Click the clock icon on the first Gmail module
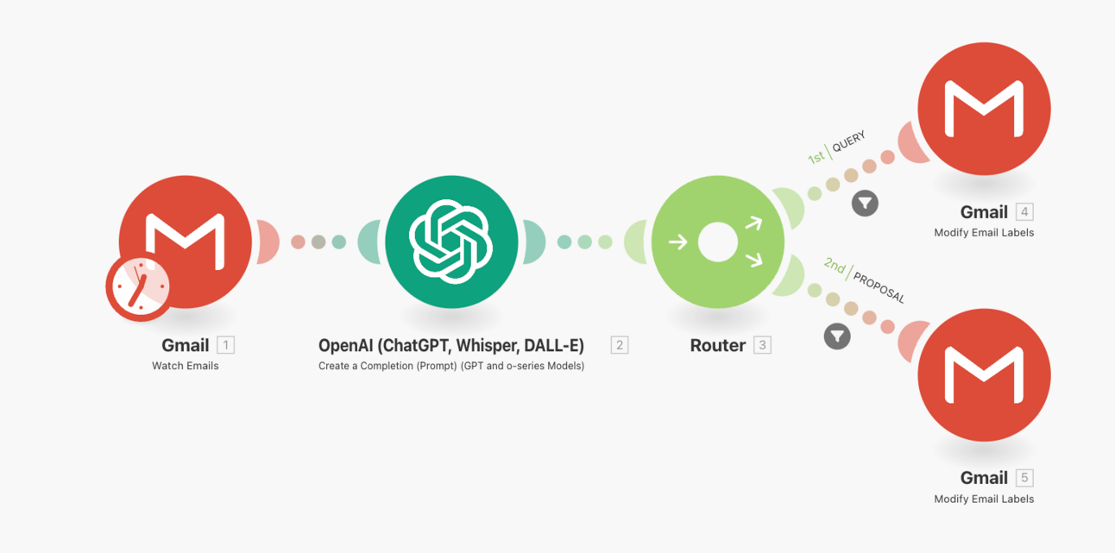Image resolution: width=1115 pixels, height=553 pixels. [138, 289]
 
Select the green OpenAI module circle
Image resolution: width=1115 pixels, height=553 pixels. [451, 242]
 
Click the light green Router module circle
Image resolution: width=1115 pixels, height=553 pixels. [718, 242]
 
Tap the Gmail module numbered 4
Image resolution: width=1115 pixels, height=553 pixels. [984, 109]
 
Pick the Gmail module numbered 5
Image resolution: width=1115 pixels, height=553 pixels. [984, 375]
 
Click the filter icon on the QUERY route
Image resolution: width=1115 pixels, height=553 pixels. [865, 204]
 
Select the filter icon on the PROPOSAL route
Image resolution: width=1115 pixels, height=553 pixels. [837, 336]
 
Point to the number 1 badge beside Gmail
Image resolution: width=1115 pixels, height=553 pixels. [225, 345]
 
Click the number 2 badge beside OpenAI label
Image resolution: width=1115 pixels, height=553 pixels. [619, 345]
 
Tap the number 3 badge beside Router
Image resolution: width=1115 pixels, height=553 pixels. [762, 345]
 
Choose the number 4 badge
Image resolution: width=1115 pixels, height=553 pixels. [1024, 212]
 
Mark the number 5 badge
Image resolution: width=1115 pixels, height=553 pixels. [1024, 478]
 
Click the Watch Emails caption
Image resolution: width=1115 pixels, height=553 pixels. [186, 366]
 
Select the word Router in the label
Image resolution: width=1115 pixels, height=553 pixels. [717, 345]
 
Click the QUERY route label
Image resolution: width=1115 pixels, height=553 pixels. [848, 142]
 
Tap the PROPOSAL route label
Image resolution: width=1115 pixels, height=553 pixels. [879, 285]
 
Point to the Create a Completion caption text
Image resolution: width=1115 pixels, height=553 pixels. [451, 366]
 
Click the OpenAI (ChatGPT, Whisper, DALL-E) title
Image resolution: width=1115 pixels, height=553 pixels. [451, 345]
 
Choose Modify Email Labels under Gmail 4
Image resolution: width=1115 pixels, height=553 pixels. [984, 233]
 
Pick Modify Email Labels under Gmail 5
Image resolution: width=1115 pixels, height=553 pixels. [984, 499]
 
